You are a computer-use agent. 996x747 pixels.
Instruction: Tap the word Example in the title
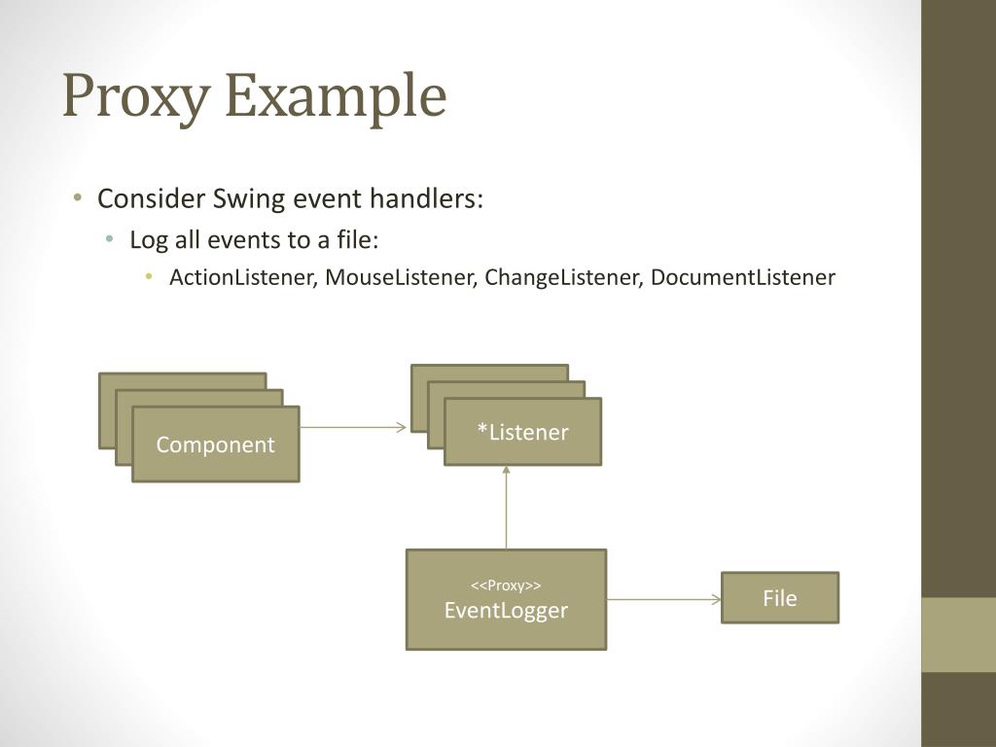point(335,96)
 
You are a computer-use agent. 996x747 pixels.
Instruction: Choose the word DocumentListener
point(742,277)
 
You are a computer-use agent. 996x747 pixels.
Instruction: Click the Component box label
point(216,445)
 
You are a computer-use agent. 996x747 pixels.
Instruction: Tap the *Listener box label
point(522,432)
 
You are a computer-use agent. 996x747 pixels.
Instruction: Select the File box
point(779,598)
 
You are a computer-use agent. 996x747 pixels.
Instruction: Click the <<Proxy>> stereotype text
point(506,586)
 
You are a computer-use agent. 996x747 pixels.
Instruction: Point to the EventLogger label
point(506,611)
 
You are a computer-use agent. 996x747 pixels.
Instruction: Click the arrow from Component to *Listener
point(353,427)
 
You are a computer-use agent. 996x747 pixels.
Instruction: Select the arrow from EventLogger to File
point(663,599)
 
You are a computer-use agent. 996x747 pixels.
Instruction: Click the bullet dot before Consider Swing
point(77,199)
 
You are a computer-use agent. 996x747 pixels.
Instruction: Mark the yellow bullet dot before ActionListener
point(149,277)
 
